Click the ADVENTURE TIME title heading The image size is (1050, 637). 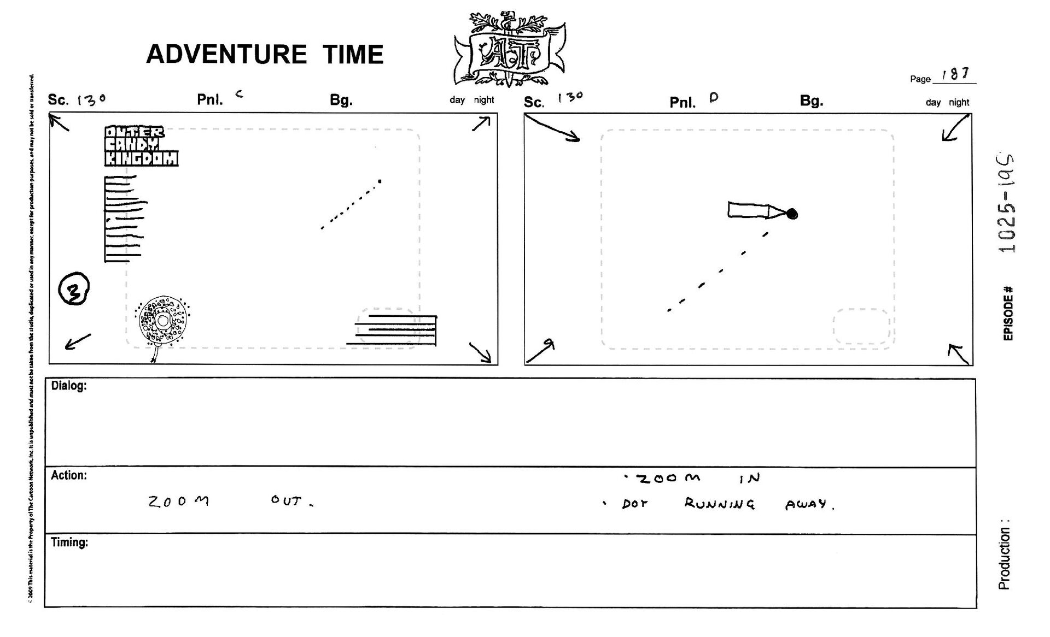point(265,54)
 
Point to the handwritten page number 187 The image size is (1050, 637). point(955,74)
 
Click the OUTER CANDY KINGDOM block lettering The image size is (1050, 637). point(141,146)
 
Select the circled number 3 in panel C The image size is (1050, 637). point(74,288)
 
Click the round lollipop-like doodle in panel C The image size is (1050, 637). point(162,322)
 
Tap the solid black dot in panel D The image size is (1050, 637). point(791,214)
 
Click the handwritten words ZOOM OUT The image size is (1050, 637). point(230,501)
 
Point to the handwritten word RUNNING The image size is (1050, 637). point(719,504)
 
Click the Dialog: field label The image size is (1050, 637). point(69,386)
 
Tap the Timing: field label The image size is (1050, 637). point(69,542)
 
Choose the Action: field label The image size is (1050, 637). point(69,475)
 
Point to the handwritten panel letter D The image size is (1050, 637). point(713,98)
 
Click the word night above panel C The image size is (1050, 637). point(484,100)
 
